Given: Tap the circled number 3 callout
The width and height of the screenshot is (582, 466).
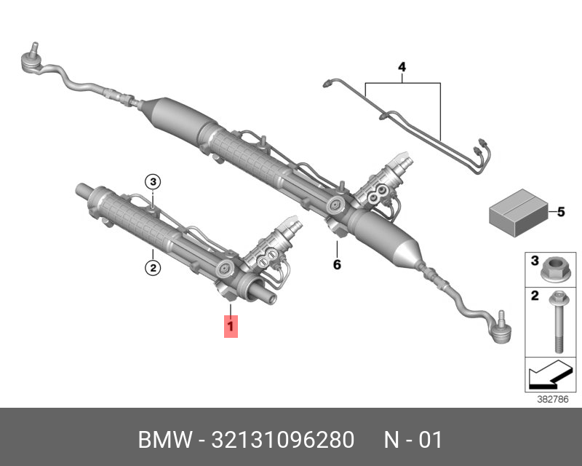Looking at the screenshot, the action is [152, 182].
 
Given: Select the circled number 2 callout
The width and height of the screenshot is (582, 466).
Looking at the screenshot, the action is [152, 268].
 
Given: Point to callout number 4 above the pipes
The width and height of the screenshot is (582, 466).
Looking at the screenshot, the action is [401, 68].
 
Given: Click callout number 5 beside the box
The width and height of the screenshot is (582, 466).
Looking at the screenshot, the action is [560, 213].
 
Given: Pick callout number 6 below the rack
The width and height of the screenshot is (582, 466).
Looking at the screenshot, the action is [337, 264].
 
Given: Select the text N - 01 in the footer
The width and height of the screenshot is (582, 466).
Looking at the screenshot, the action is [412, 441].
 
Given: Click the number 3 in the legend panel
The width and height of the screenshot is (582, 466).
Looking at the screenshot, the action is [533, 261].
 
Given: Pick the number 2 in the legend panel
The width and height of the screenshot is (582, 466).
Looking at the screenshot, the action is [533, 296].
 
